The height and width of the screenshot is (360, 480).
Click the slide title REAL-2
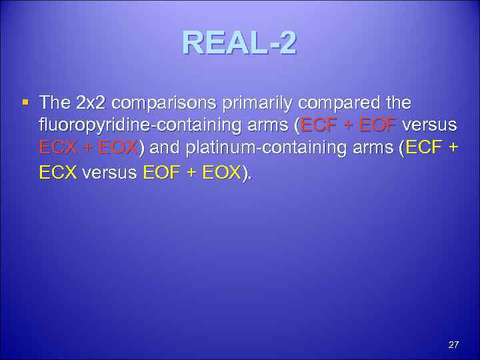(239, 44)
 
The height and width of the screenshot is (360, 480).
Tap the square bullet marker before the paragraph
(25, 103)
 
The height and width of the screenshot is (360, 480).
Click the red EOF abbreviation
(378, 127)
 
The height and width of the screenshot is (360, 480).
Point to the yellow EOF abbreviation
(161, 173)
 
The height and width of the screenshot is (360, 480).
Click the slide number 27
(453, 345)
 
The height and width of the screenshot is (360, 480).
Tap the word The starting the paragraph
(55, 103)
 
